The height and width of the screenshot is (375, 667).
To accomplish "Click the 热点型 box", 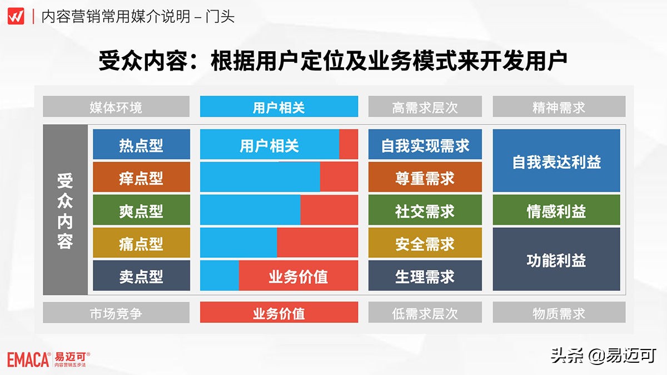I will (141, 145).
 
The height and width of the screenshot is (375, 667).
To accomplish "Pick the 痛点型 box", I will (141, 243).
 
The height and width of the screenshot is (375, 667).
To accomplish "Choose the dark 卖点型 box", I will (141, 276).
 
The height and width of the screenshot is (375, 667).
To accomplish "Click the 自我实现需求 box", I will (425, 145).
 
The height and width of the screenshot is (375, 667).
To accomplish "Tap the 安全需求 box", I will (425, 243).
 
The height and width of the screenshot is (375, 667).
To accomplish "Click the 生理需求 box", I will (425, 276).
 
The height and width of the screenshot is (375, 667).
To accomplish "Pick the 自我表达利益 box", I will (556, 162).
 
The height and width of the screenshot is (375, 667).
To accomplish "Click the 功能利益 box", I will (556, 259).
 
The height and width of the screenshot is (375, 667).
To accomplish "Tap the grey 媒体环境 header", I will (116, 107).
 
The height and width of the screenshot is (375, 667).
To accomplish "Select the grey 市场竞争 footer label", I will (116, 313).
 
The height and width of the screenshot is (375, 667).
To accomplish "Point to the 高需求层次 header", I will (425, 107).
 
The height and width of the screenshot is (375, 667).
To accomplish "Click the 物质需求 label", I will (559, 313).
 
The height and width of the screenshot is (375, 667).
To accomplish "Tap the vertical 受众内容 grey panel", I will (66, 210).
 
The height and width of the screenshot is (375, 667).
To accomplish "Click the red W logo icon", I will (16, 16).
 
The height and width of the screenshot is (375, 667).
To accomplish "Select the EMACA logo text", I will (28, 360).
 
